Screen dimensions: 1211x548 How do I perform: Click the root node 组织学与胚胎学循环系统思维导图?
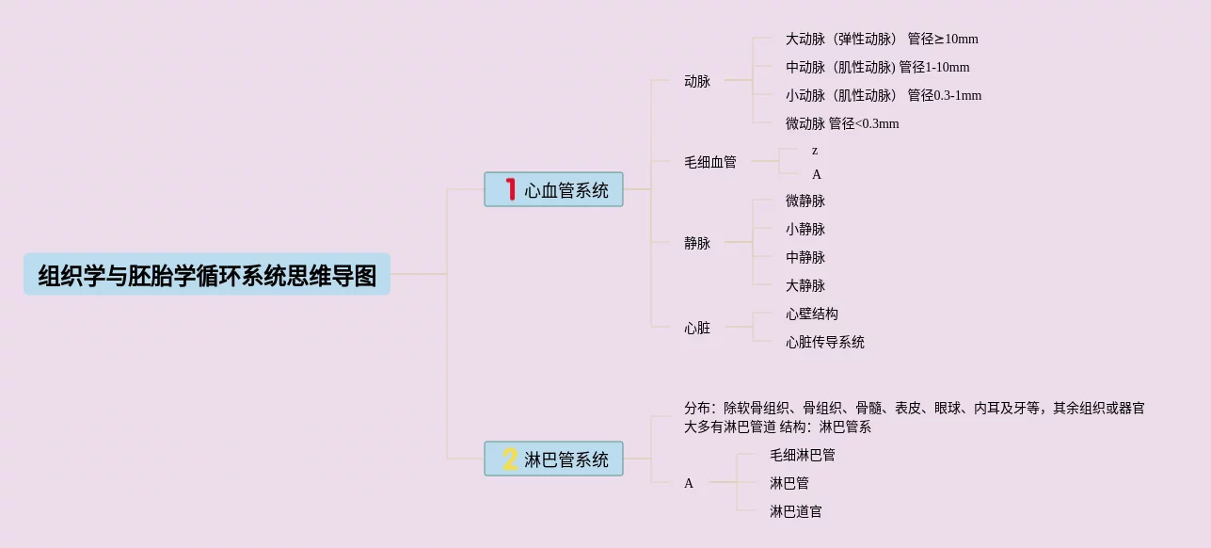point(207,275)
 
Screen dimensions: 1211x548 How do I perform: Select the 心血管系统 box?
point(554,190)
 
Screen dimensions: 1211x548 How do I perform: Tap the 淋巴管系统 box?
point(554,459)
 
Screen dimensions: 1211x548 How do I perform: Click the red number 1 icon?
point(511,190)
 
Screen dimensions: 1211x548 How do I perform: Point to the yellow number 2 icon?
point(510,459)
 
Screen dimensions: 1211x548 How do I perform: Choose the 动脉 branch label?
point(697,82)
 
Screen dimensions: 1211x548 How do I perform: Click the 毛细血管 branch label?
point(710,162)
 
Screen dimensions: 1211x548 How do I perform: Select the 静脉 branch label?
point(697,243)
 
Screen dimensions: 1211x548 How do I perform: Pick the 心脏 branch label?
point(697,329)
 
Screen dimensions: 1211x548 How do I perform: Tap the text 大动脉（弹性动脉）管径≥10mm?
point(882,40)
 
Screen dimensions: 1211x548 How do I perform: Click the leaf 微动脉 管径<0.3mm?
point(842,124)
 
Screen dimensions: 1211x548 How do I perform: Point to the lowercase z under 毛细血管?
point(815,151)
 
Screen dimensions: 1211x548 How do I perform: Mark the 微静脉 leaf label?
point(805,201)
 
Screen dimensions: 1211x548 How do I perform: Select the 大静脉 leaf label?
point(805,285)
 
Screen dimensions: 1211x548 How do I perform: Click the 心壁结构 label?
point(812,314)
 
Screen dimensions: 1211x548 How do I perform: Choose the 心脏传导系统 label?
point(825,343)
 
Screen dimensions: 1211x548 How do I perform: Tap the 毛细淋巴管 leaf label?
point(803,455)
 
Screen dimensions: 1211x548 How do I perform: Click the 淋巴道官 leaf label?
point(796,511)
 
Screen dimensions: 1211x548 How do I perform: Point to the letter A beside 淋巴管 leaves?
point(689,484)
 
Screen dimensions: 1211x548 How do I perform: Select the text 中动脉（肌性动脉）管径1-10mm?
point(878,68)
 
